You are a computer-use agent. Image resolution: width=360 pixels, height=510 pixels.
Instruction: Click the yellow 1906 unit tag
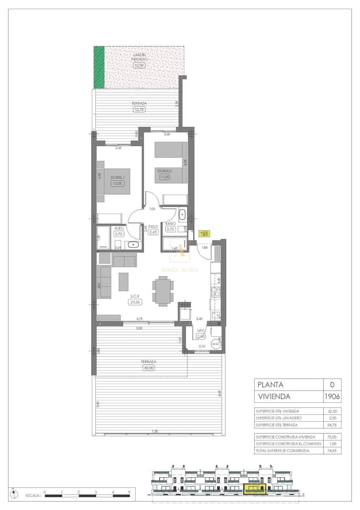[204, 234]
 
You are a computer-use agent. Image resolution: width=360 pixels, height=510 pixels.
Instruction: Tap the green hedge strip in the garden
[99, 67]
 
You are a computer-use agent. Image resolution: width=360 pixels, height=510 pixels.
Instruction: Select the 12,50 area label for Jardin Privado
[139, 65]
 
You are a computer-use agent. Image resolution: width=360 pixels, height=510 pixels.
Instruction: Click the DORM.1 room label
[117, 177]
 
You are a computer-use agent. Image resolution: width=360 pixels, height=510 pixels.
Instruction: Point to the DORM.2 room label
[164, 171]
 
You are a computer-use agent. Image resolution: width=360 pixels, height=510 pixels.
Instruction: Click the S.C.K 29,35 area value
[135, 302]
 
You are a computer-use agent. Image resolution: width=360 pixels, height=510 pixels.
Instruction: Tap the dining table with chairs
[163, 291]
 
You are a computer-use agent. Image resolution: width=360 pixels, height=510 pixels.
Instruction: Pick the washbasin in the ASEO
[133, 244]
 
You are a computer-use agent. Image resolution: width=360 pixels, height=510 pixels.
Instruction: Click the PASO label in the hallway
[153, 227]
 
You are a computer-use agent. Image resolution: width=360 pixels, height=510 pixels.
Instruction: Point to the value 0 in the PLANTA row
[332, 385]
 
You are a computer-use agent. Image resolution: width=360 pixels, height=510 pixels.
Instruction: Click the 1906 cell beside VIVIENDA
[332, 397]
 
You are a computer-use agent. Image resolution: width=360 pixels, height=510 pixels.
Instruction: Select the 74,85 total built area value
[332, 450]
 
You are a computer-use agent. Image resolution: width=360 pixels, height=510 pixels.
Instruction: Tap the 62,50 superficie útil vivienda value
[332, 411]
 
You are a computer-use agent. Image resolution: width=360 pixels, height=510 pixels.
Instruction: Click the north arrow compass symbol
[16, 494]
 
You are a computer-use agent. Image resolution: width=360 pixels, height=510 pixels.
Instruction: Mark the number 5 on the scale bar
[129, 492]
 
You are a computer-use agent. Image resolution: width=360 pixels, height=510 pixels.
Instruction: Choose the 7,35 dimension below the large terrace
[155, 431]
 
